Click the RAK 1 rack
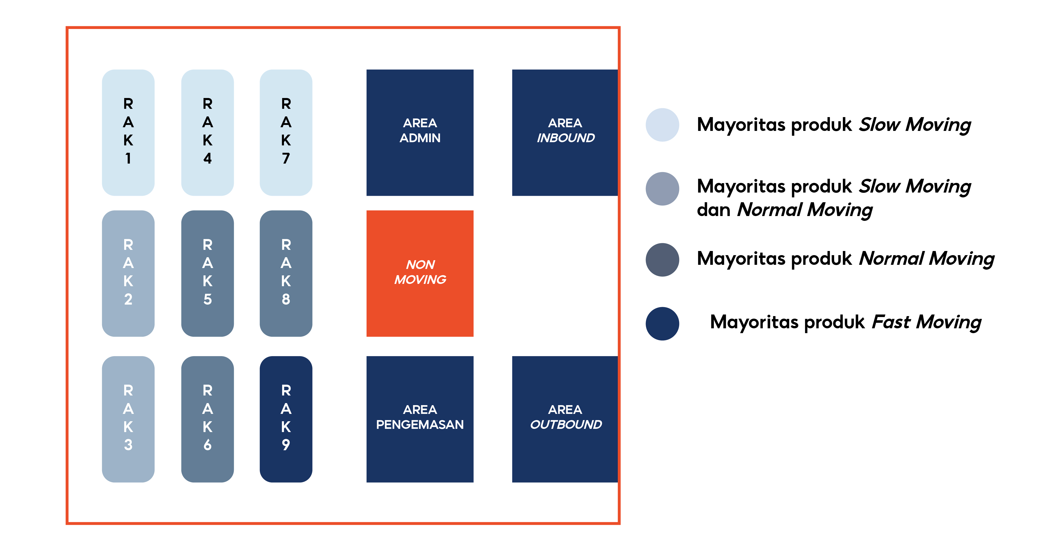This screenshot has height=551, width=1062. click(x=128, y=132)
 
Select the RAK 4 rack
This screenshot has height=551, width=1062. click(x=207, y=132)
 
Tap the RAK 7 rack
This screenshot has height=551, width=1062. click(x=286, y=132)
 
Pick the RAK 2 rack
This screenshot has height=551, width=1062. click(x=128, y=274)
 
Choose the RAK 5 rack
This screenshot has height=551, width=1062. click(x=207, y=274)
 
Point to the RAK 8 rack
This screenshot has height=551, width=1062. click(x=286, y=274)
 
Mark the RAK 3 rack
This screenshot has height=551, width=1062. click(x=128, y=419)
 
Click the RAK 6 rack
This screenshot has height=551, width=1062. click(x=207, y=419)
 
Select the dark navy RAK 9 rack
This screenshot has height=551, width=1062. click(x=286, y=419)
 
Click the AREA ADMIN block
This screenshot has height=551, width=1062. click(x=420, y=132)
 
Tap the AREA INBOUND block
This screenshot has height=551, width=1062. click(x=565, y=132)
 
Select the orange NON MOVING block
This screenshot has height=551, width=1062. click(x=420, y=274)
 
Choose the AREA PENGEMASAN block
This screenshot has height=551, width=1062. click(x=420, y=419)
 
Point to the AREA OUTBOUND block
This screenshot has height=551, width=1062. click(x=565, y=419)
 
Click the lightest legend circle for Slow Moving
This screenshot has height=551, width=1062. click(x=662, y=125)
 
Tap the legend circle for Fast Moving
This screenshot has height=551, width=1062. click(x=662, y=324)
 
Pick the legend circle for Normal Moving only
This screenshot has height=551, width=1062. click(x=662, y=260)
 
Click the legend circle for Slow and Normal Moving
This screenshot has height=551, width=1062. click(x=662, y=189)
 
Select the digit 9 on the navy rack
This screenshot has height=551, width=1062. click(x=286, y=444)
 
